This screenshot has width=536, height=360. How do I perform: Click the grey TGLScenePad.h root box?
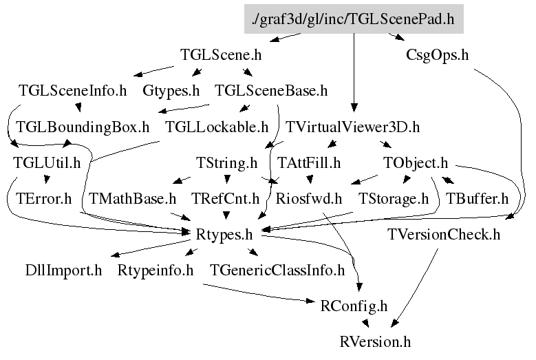coord(354,19)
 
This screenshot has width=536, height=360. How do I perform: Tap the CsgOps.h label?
coord(437,55)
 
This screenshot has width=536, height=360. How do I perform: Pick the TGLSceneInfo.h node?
coord(73,90)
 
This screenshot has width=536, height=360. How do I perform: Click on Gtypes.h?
coord(171,90)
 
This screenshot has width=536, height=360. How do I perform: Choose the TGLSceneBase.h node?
coord(271,90)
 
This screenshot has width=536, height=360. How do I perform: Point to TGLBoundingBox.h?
coord(83,127)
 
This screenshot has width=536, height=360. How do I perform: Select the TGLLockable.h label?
coord(217,127)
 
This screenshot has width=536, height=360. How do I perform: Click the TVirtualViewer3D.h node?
coord(352,127)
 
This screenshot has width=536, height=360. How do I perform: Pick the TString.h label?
coord(226,163)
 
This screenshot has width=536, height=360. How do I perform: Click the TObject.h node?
coord(415,163)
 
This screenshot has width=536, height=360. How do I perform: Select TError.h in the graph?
coord(48,200)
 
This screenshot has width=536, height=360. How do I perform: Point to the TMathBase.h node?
coord(133,200)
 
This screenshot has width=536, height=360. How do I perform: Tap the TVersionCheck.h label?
coord(444,235)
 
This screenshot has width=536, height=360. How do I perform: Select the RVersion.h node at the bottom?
coord(375,341)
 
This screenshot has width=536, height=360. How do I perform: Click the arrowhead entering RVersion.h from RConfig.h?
coord(367,324)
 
